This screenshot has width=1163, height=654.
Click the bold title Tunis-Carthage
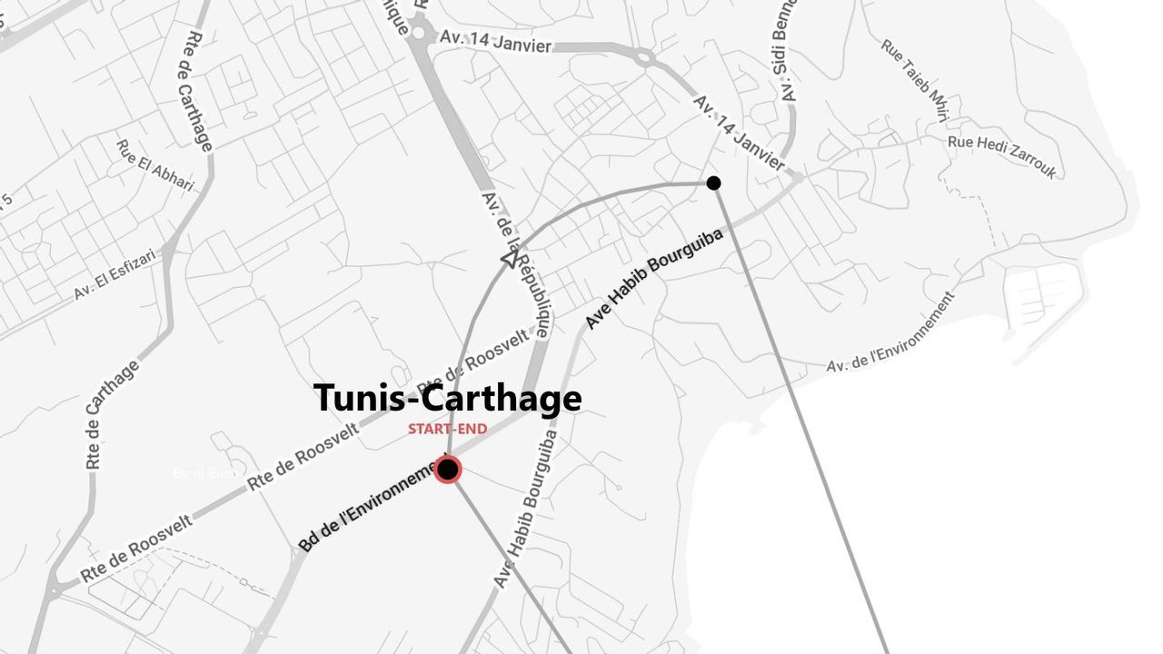click(x=447, y=399)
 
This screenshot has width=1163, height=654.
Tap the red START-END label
click(x=447, y=429)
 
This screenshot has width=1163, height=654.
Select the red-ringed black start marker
click(x=447, y=470)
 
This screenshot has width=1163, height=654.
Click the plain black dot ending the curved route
click(x=713, y=183)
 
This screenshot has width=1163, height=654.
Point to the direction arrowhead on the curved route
click(x=510, y=261)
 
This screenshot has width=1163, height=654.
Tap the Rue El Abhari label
click(x=155, y=165)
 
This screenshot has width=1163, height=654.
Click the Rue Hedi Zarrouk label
click(x=1002, y=155)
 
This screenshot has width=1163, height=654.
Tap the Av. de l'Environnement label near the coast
click(x=891, y=332)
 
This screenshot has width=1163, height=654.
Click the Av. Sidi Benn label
click(x=787, y=51)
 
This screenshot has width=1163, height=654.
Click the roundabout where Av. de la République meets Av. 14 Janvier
click(x=419, y=33)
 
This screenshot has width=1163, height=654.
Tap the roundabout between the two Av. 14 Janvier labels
click(x=644, y=58)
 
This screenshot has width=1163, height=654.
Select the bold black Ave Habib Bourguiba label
click(x=654, y=279)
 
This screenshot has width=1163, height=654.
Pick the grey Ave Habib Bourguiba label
click(x=527, y=509)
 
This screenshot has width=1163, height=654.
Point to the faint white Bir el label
click(x=204, y=473)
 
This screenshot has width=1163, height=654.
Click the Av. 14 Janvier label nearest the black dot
click(x=739, y=133)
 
